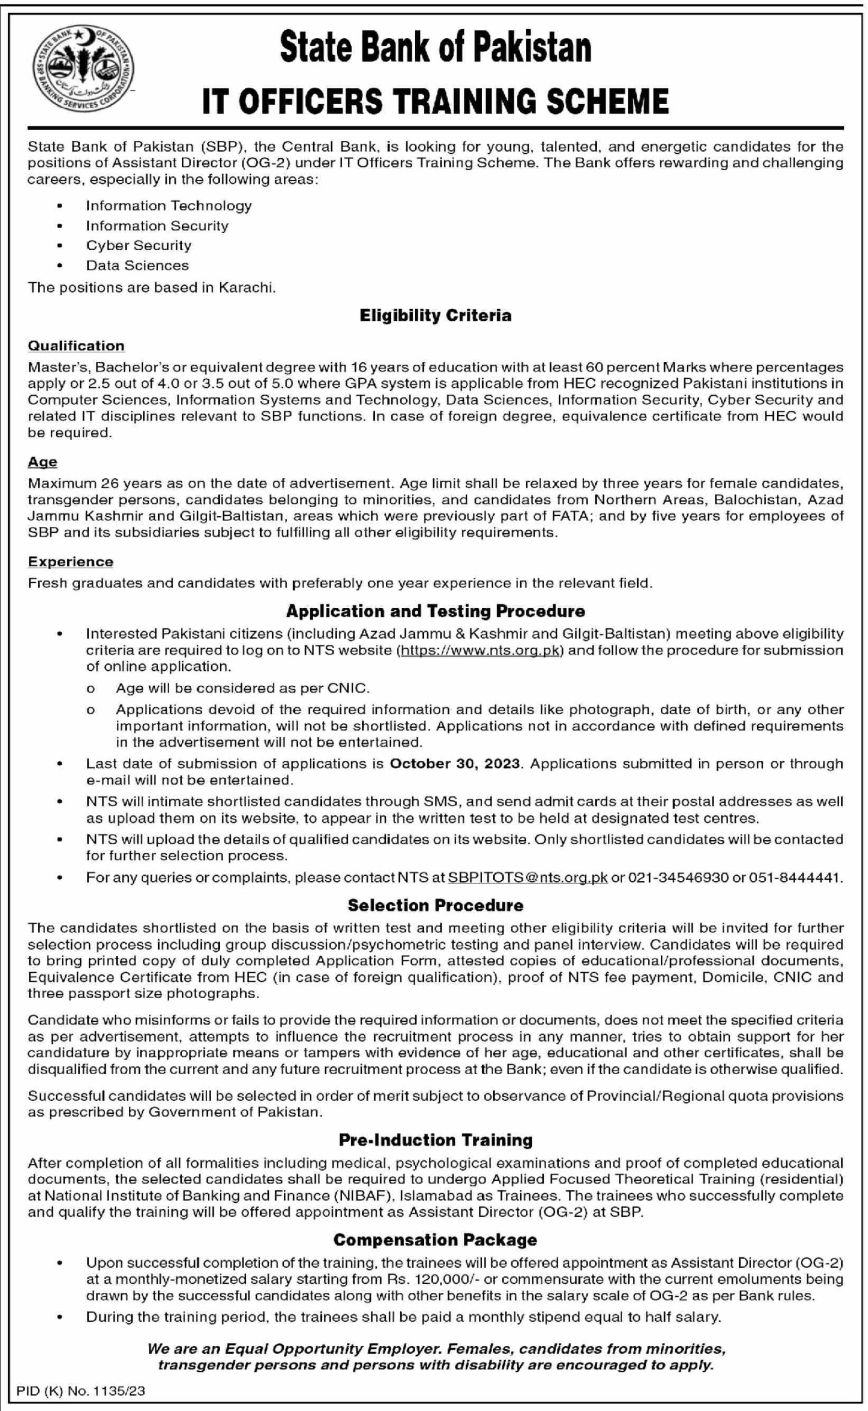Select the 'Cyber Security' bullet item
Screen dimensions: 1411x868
138,245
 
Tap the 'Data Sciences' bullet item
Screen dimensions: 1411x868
137,265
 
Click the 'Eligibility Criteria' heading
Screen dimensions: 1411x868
435,315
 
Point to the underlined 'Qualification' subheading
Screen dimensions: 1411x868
77,346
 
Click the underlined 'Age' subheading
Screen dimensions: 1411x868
42,461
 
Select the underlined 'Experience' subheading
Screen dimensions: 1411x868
71,562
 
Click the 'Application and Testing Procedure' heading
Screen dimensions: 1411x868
435,611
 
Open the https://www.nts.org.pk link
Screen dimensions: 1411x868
479,650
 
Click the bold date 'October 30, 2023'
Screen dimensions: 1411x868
455,763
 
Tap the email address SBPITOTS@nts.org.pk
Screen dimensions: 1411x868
527,877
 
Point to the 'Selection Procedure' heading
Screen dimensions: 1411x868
435,905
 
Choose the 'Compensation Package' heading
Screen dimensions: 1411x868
435,1240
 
